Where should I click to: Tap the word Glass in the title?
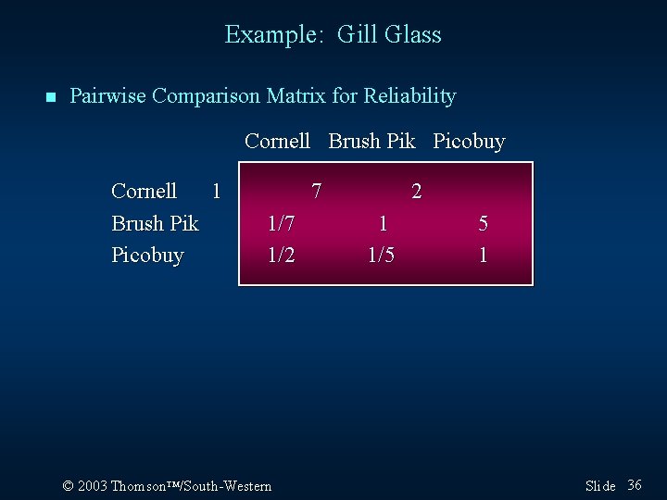click(x=412, y=35)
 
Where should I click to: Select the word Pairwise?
click(x=107, y=95)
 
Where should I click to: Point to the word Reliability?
click(x=409, y=95)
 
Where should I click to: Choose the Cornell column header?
click(x=277, y=142)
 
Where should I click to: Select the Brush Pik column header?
click(x=371, y=142)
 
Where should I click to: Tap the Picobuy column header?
click(x=469, y=142)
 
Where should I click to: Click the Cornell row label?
click(x=144, y=192)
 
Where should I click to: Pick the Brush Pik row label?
click(x=155, y=223)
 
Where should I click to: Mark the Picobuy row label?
click(x=147, y=255)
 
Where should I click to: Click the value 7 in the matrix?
click(x=317, y=192)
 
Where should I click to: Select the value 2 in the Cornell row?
click(x=417, y=192)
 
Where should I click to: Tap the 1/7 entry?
click(x=281, y=223)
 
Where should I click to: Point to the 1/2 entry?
click(x=281, y=255)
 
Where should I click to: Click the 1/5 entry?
click(x=381, y=255)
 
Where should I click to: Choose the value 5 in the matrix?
click(x=483, y=223)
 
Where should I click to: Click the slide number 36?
click(x=635, y=485)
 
